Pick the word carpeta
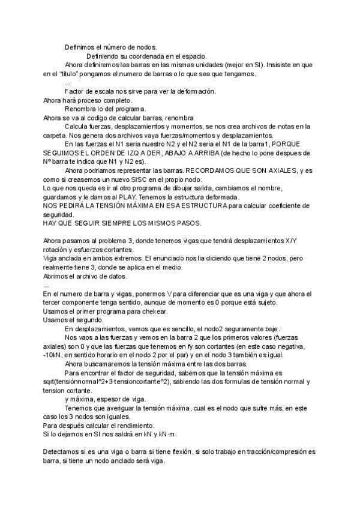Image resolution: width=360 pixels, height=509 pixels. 57,136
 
